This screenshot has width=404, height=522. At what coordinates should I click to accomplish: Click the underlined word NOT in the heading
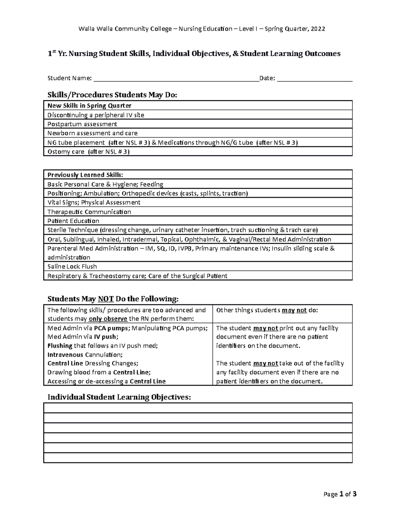tap(106, 299)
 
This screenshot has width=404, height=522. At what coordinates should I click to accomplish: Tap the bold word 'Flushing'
tap(60, 346)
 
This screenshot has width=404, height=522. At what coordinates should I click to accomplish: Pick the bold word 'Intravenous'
tap(65, 355)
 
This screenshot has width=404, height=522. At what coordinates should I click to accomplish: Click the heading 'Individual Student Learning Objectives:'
tap(119, 397)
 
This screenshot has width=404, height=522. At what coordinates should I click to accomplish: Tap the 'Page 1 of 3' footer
tap(340, 494)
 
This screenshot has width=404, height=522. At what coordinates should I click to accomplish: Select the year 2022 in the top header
tap(318, 29)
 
